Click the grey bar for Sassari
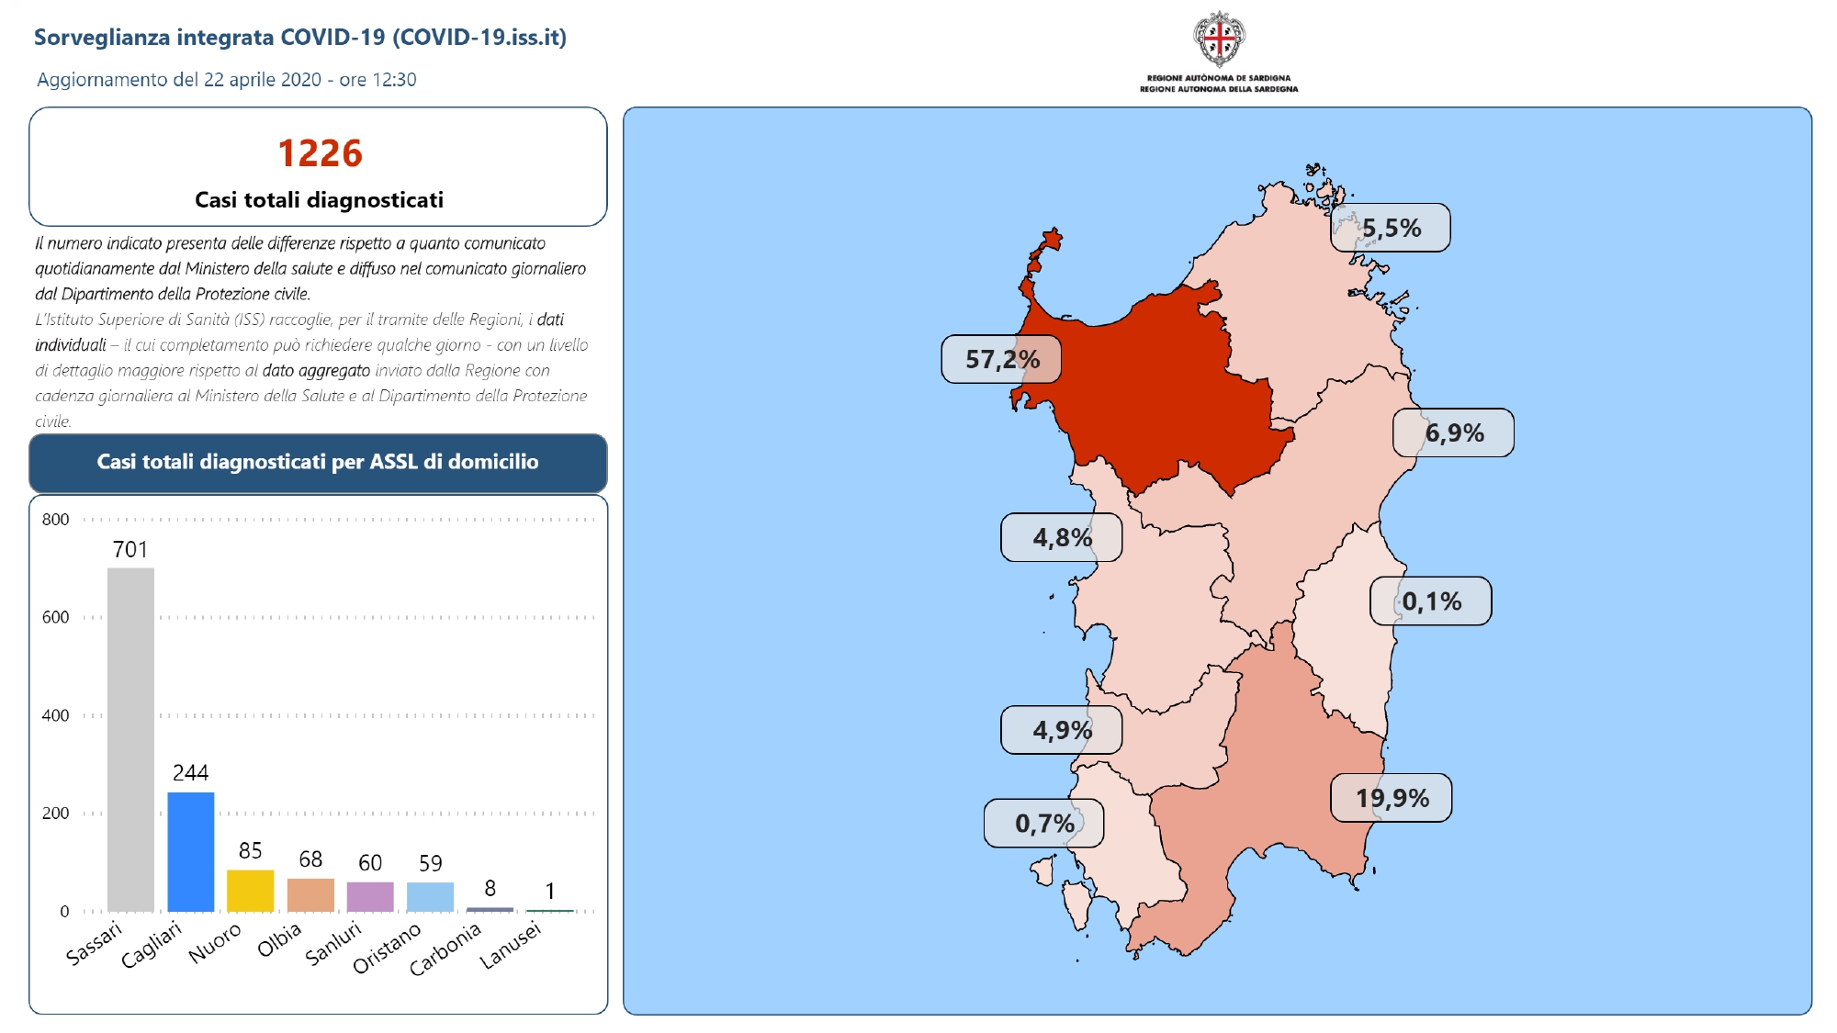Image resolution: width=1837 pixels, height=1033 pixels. coord(130,739)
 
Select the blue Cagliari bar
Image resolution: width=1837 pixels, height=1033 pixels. coord(191,852)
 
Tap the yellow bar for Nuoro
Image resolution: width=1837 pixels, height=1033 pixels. coord(251,891)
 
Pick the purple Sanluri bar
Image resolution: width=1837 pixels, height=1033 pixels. coord(370,897)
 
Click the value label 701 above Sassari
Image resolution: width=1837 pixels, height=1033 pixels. coord(130,549)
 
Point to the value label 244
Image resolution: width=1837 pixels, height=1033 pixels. coord(191,773)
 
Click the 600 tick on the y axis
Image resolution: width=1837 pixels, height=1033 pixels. coord(55,617)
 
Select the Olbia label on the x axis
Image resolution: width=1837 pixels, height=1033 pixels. coord(279,939)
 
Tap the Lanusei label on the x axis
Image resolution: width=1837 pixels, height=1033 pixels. coord(511,945)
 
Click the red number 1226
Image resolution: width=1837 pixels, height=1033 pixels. coord(320,153)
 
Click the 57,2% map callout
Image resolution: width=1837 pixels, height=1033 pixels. coord(1001,359)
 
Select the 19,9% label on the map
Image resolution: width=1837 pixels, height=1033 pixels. coord(1392,798)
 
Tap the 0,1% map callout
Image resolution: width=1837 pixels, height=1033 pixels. coord(1431,601)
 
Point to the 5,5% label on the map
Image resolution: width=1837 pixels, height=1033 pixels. coord(1391,228)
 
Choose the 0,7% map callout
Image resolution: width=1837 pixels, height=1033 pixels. coord(1044,823)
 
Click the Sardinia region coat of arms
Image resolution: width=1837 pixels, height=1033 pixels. coord(1219,39)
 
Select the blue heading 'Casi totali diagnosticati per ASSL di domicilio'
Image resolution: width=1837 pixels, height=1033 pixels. coord(318,462)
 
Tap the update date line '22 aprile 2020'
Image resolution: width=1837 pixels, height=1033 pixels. coord(263,80)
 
